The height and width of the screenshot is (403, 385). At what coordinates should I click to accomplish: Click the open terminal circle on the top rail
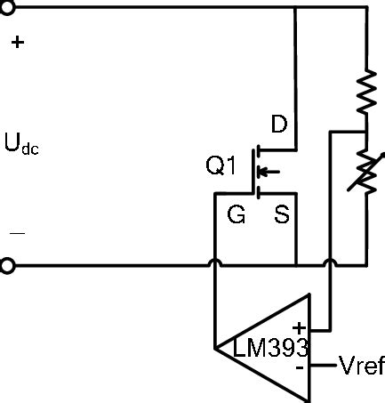coord(7,8)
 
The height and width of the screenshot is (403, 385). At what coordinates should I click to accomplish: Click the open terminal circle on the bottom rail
coord(7,265)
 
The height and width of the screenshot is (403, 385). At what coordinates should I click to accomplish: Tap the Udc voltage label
coord(21,143)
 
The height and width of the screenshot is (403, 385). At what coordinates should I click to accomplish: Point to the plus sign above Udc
coord(17,42)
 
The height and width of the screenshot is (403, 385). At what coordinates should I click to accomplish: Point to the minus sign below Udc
coord(17,233)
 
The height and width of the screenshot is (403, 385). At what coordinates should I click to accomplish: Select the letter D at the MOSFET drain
coord(278,125)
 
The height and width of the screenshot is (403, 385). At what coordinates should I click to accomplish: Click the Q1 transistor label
coord(221,165)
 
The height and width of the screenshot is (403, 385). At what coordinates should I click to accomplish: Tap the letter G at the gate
coord(237,215)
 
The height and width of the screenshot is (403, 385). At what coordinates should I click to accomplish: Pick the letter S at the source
coord(281,215)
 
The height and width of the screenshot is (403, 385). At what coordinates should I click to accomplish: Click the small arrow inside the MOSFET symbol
coord(271,172)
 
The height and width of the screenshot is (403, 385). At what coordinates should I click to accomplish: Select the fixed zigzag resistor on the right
coord(366,89)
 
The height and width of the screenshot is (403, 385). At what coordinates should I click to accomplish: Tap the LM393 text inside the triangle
coord(270,348)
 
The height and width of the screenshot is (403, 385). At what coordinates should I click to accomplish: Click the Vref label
coord(361,366)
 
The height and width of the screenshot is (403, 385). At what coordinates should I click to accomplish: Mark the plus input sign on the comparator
coord(299,328)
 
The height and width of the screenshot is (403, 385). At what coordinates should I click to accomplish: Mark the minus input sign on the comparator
coord(300,366)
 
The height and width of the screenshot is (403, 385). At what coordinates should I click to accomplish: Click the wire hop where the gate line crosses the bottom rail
coord(215,262)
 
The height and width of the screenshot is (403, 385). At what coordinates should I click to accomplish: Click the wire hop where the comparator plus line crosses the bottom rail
coord(330,262)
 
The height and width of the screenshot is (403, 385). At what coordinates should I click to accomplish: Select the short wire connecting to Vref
coord(323,366)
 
